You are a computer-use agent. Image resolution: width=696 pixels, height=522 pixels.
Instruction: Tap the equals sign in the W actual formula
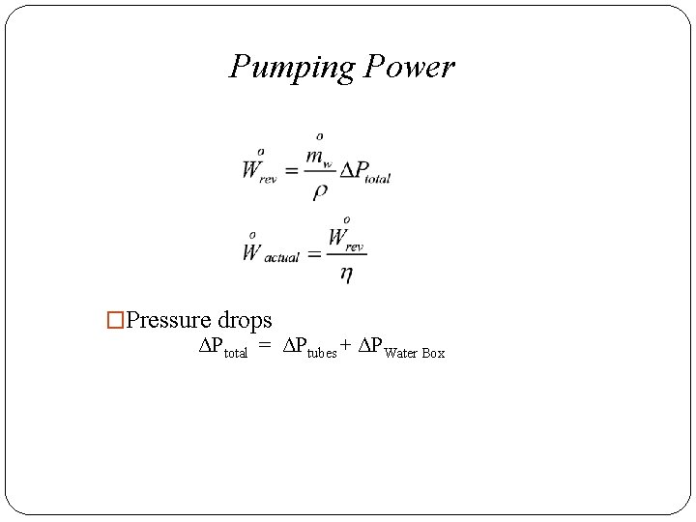(x=314, y=256)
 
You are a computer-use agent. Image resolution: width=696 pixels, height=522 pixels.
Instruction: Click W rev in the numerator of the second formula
(x=346, y=238)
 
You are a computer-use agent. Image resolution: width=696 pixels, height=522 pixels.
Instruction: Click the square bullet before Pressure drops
(x=116, y=320)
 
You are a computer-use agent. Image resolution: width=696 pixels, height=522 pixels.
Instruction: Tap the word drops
(x=245, y=320)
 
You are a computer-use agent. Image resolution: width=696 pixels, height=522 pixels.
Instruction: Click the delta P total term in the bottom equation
(x=222, y=349)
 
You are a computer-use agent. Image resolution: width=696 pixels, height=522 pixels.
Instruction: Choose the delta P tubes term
(x=309, y=349)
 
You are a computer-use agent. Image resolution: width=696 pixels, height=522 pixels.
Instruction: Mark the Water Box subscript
(x=415, y=353)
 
